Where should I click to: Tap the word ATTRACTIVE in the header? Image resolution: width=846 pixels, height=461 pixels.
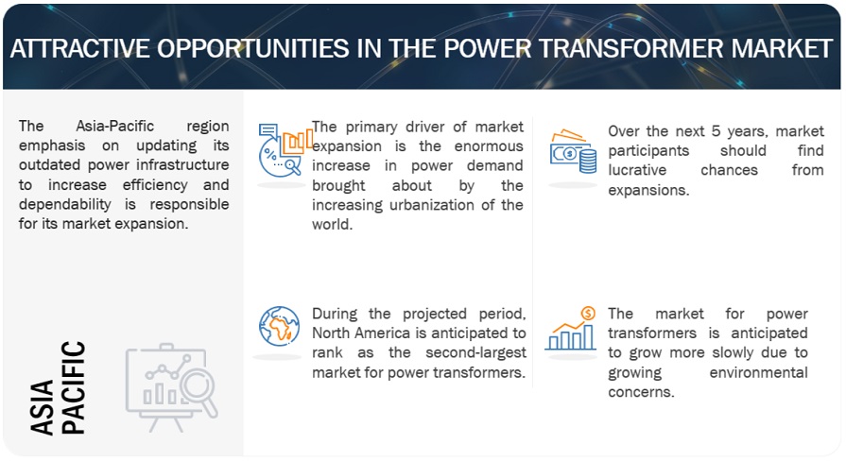click(x=79, y=48)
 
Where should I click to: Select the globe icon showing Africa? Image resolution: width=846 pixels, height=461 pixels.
click(x=279, y=326)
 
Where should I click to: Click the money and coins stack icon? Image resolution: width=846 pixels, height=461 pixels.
click(x=573, y=151)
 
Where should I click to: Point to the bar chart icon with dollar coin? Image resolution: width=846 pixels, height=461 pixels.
click(x=571, y=329)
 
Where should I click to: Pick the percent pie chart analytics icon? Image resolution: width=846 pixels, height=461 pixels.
click(x=285, y=150)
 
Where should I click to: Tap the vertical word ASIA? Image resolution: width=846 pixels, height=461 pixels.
click(x=43, y=407)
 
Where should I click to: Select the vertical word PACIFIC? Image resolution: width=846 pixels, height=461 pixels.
click(x=73, y=387)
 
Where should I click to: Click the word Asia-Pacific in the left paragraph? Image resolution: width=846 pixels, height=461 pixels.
click(x=115, y=127)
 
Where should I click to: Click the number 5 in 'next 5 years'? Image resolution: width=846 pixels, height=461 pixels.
click(x=716, y=131)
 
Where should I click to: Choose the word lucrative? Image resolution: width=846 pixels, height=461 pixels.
click(x=637, y=170)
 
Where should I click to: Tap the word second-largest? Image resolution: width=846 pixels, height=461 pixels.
click(x=475, y=352)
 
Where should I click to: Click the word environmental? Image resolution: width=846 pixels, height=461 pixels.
click(x=758, y=372)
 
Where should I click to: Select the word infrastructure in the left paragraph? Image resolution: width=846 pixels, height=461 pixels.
click(x=188, y=165)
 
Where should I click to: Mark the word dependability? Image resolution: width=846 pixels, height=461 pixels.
click(x=64, y=205)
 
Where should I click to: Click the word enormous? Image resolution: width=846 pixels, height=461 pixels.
click(x=489, y=146)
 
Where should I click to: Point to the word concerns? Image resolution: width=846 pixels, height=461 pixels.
click(x=641, y=392)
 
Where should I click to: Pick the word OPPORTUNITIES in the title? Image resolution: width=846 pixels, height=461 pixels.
click(x=253, y=48)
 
